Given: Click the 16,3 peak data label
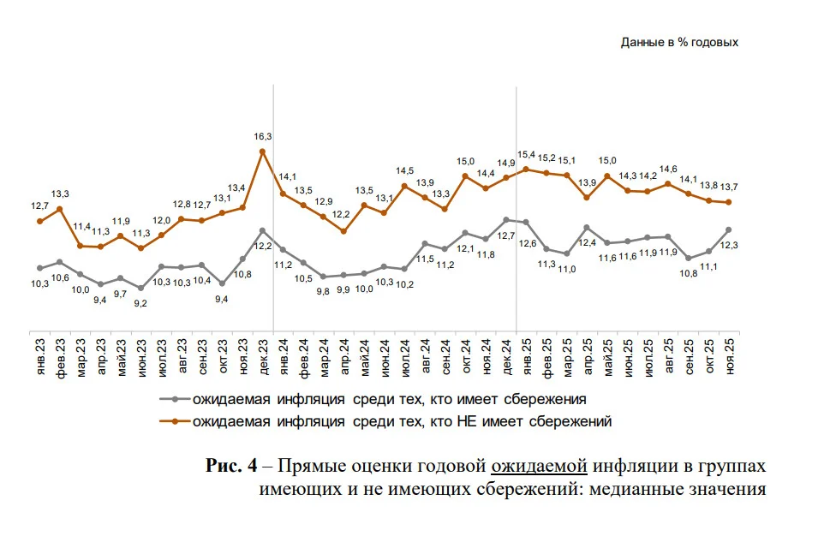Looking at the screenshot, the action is [x=263, y=136].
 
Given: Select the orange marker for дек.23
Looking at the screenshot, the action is [x=262, y=152].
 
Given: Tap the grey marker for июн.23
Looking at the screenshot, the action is [x=140, y=289].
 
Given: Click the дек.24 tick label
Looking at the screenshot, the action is [x=507, y=356].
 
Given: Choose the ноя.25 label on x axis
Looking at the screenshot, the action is [x=730, y=356].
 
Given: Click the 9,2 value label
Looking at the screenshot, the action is [x=140, y=303].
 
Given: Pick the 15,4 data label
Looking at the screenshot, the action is [x=526, y=154].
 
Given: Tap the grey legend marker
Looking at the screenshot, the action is [x=175, y=399].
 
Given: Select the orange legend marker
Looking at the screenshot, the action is [x=175, y=421].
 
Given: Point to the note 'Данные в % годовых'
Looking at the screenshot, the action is [x=679, y=43].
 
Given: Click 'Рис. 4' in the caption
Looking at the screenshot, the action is [x=231, y=466].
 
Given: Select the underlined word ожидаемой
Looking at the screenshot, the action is [x=539, y=466].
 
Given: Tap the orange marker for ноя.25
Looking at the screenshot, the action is [x=729, y=202].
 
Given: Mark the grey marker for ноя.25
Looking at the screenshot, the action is [x=729, y=229].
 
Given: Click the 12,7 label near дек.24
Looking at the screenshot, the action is [x=506, y=235].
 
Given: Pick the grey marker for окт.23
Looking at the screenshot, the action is [x=222, y=283].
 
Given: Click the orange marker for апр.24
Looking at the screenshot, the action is [x=343, y=231].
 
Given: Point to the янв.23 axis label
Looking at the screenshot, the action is [x=40, y=356].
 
